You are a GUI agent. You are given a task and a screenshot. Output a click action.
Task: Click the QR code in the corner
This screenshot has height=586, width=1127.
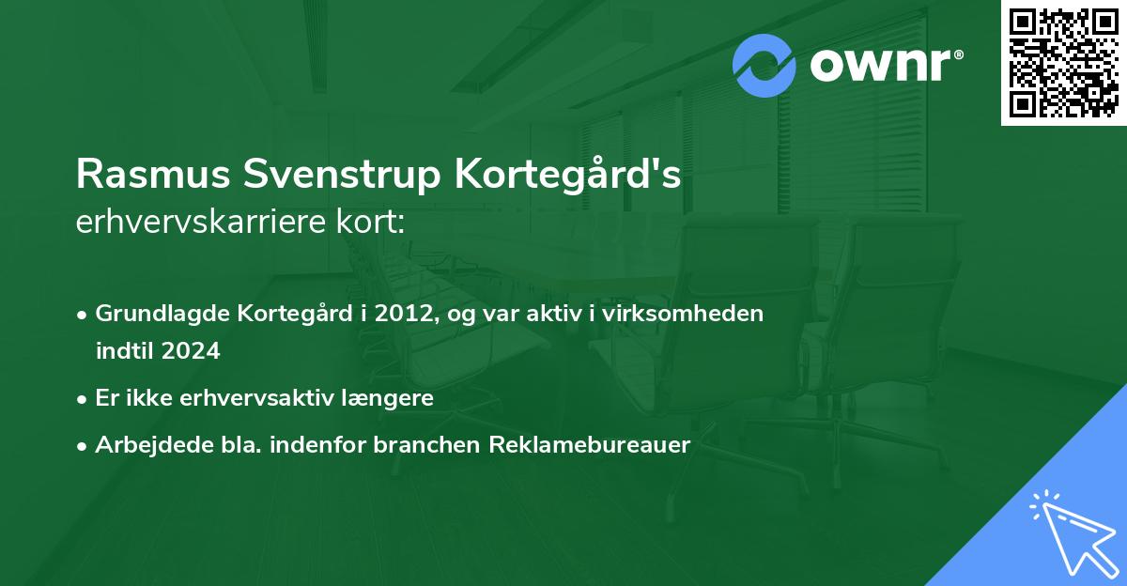(x=1063, y=63)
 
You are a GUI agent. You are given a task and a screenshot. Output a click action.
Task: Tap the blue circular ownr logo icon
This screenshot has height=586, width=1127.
(x=764, y=65)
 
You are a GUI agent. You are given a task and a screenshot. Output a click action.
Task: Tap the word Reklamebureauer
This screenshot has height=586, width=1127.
(x=589, y=445)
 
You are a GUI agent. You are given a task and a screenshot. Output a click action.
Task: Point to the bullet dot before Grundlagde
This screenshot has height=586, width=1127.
(x=84, y=315)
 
